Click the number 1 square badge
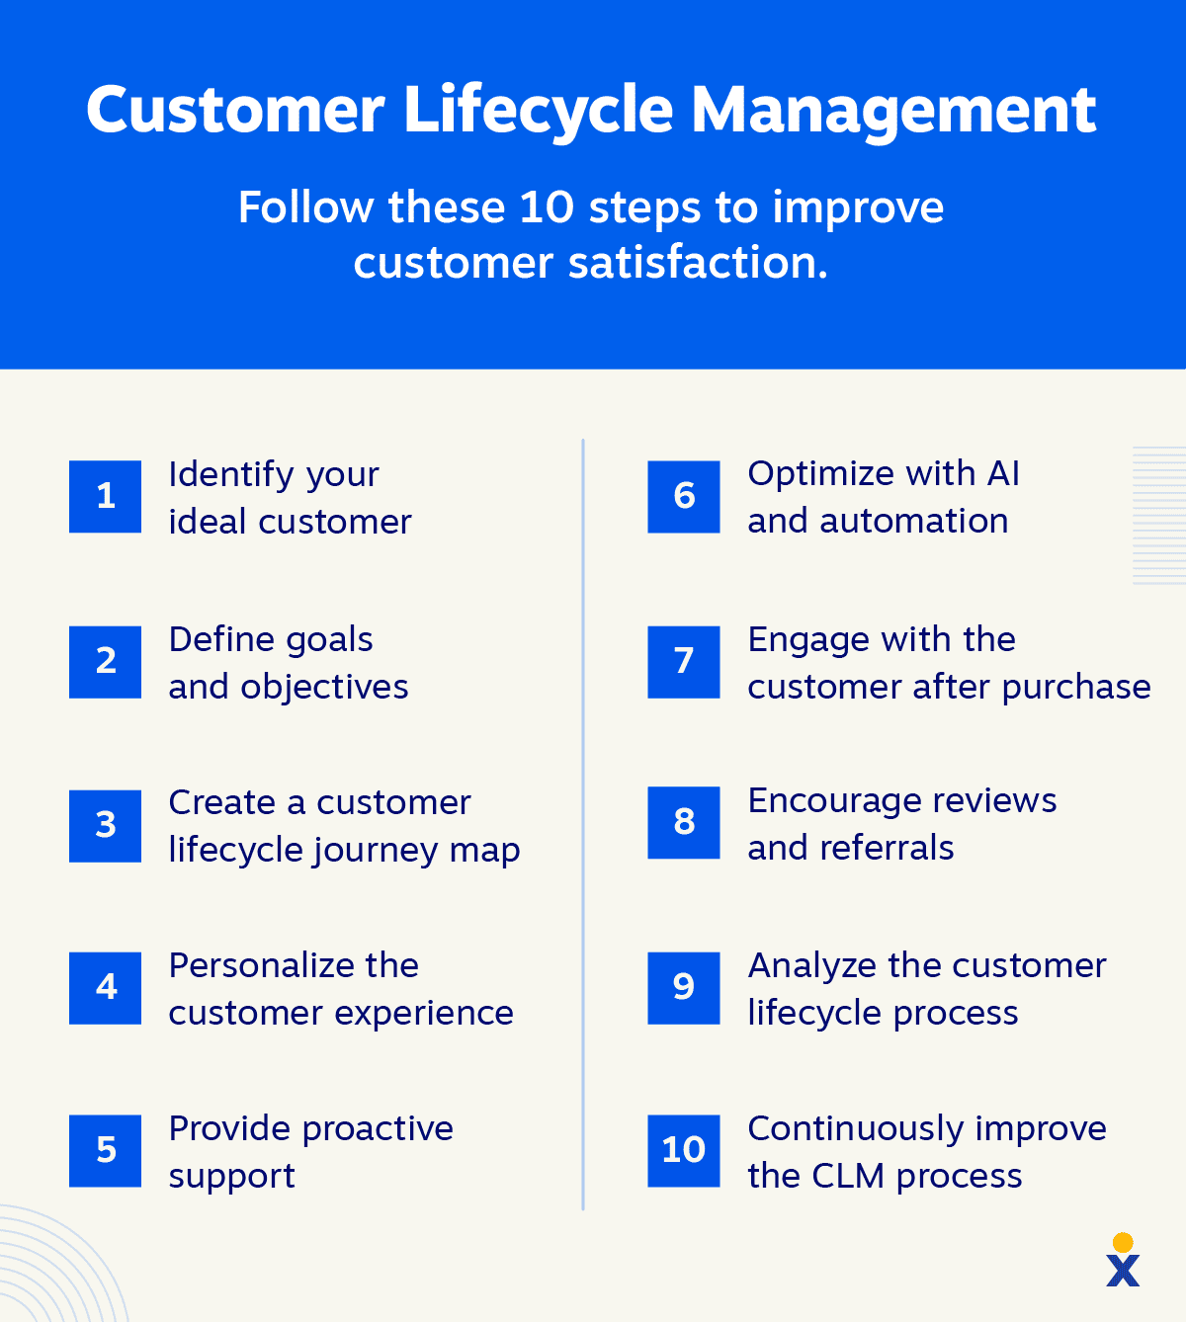click(105, 496)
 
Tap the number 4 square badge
click(105, 987)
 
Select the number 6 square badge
click(684, 496)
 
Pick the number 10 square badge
click(684, 1150)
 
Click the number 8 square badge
click(684, 822)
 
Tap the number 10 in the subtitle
click(547, 207)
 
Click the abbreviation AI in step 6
click(1003, 474)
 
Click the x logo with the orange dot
click(1123, 1261)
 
